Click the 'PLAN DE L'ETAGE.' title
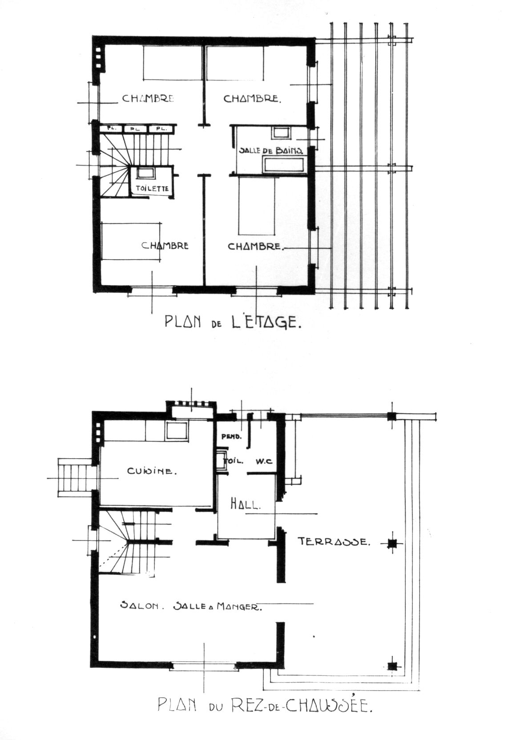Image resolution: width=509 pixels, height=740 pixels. [x=233, y=322]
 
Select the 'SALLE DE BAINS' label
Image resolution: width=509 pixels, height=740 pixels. [x=271, y=150]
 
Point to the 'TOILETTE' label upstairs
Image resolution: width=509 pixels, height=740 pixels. [x=152, y=189]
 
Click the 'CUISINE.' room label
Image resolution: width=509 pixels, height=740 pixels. [x=152, y=471]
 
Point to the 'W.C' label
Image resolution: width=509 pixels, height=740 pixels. [x=263, y=462]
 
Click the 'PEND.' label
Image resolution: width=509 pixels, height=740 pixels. [x=231, y=436]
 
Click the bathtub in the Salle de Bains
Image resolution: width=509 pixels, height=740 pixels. [x=283, y=164]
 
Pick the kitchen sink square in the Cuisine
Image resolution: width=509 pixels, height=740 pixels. [x=176, y=431]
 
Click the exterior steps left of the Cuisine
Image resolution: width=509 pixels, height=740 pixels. [x=75, y=477]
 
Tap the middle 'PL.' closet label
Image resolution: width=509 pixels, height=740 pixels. [x=135, y=129]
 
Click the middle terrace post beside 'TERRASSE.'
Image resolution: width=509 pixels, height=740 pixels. [x=392, y=542]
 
